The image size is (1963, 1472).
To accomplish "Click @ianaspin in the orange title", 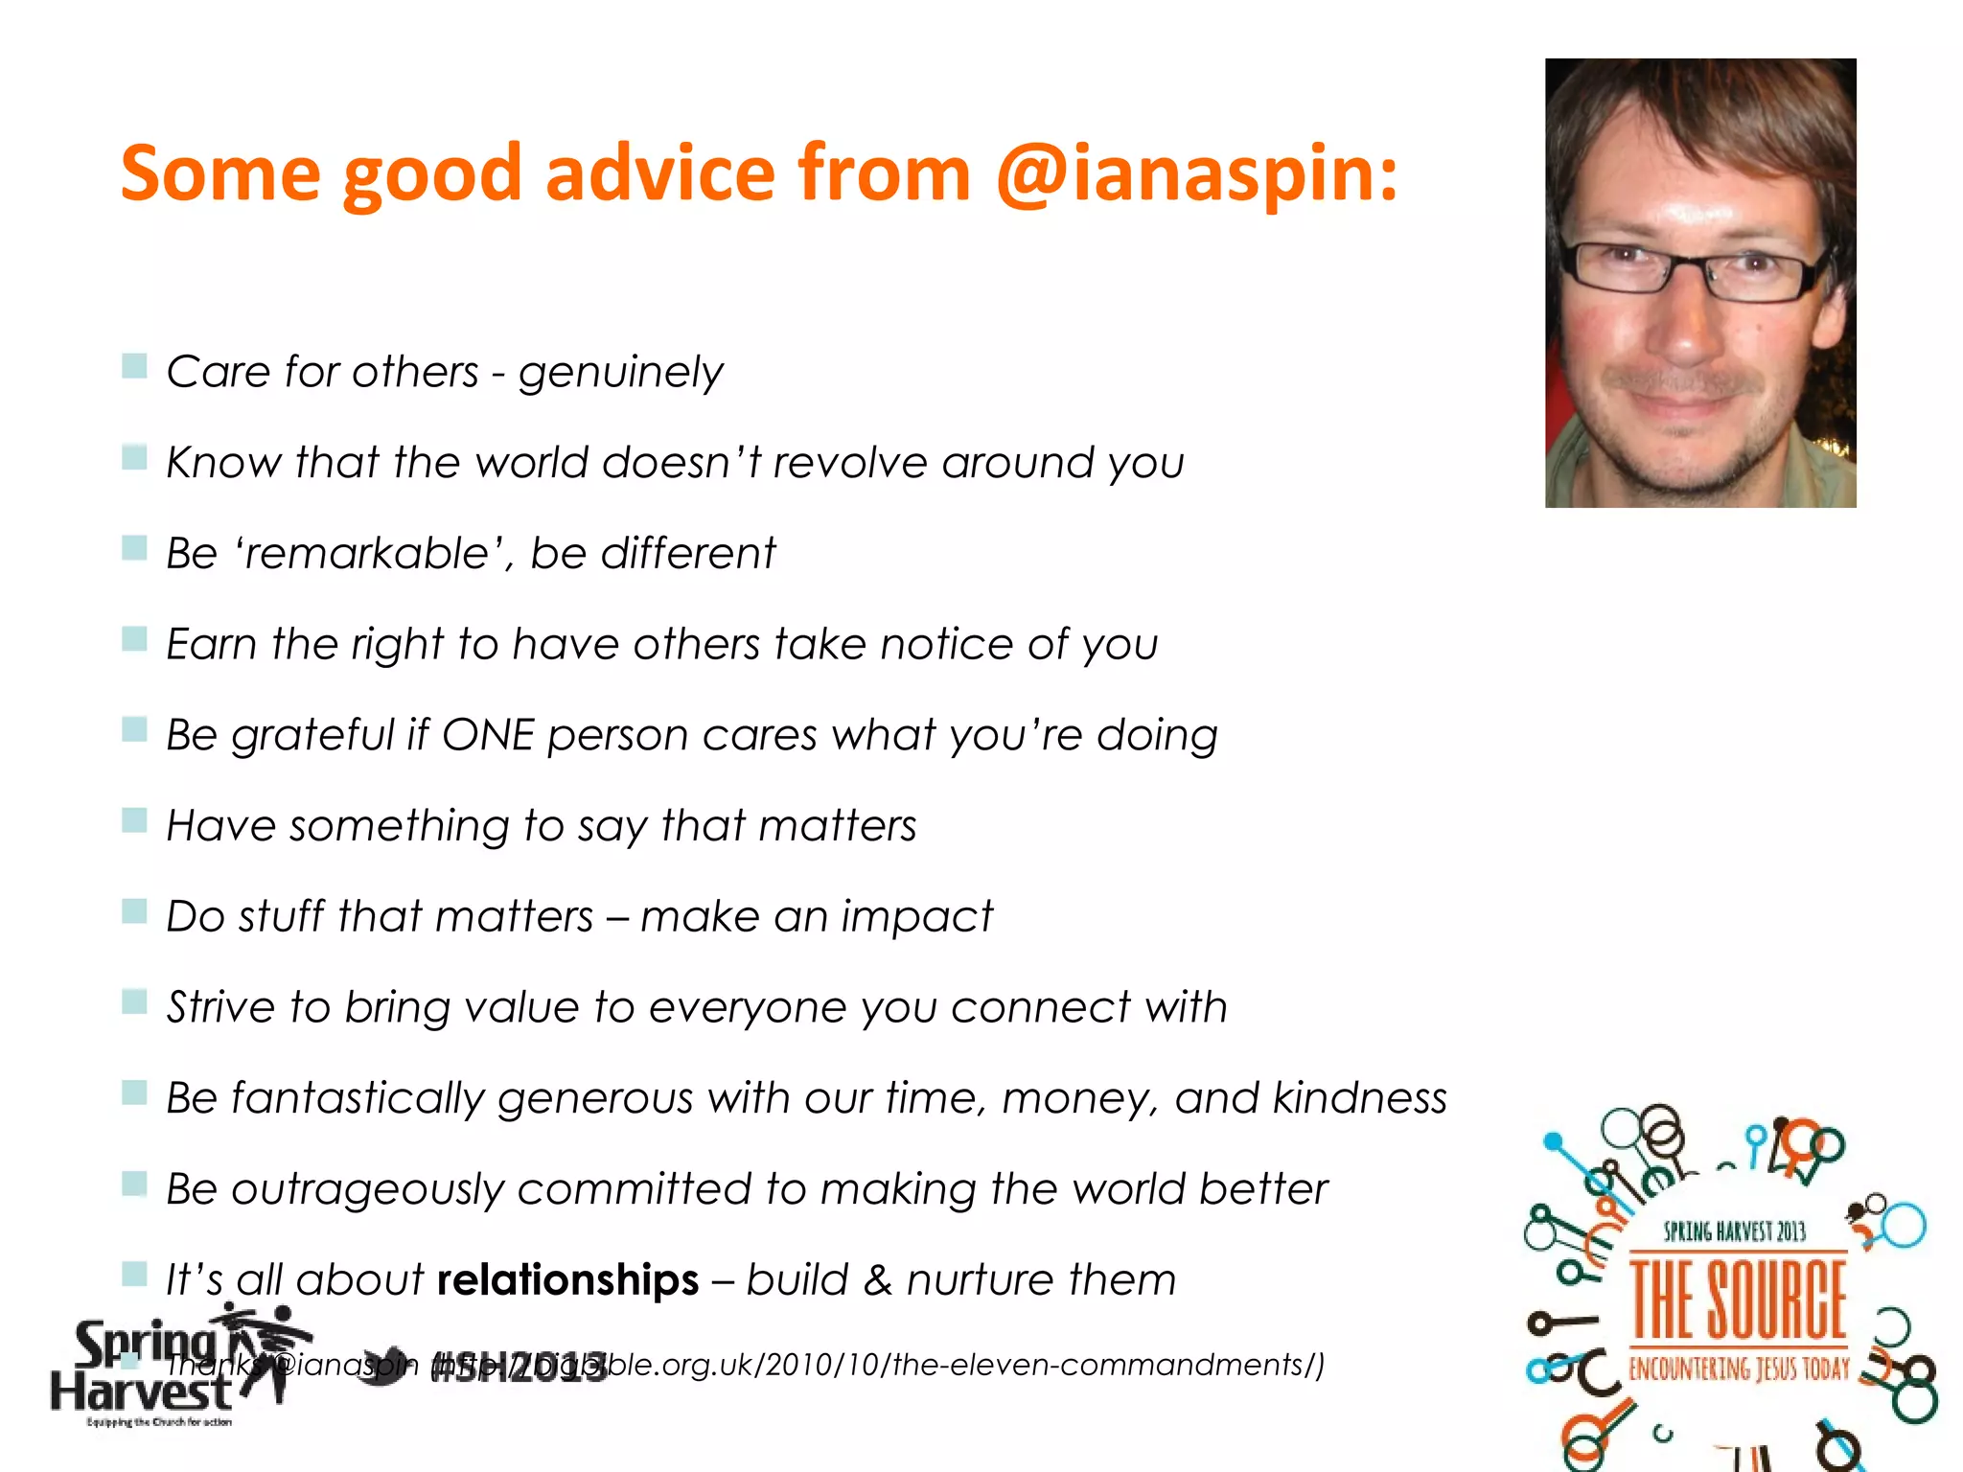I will click(1196, 174).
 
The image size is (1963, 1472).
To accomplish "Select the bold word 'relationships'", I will click(567, 1279).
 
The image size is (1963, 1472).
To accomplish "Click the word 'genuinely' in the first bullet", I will click(620, 372).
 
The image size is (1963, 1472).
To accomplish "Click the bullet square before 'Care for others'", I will click(134, 366).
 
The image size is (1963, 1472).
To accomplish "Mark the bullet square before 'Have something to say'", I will click(134, 820).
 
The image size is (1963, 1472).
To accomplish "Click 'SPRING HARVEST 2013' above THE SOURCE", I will click(1735, 1231).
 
